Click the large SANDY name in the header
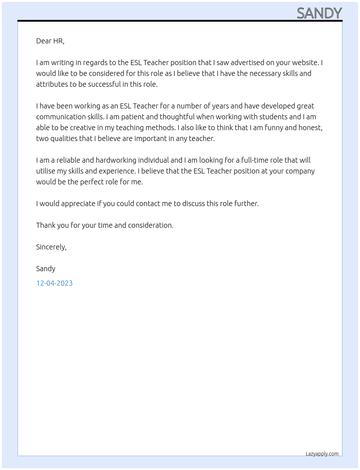point(319,13)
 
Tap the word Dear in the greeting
point(44,41)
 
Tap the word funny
point(274,128)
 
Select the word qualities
point(64,138)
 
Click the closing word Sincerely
point(51,247)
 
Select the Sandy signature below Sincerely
point(46,269)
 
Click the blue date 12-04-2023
point(54,283)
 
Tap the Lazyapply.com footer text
point(322,454)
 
